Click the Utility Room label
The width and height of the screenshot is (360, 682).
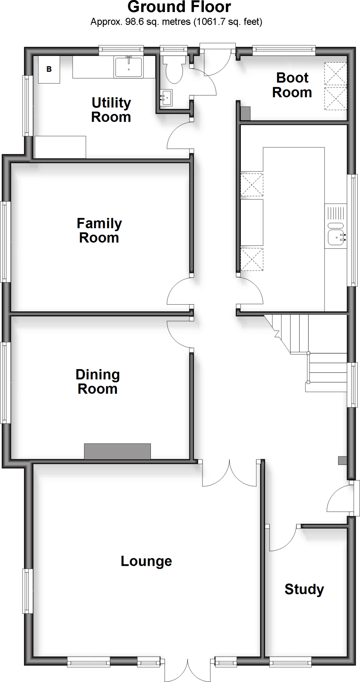111,110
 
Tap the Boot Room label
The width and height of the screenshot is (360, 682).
292,85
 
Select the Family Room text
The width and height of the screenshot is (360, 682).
99,230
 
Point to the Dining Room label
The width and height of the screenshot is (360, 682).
97,382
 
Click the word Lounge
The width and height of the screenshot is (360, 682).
146,561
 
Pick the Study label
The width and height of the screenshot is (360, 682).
304,589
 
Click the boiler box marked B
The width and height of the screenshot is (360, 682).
49,70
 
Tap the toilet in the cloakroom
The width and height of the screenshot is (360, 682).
174,69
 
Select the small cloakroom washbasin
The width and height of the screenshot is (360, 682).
166,98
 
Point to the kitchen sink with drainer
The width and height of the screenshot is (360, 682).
336,226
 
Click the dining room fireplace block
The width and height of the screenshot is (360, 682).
117,451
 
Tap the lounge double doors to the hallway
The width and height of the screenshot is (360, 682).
229,475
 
